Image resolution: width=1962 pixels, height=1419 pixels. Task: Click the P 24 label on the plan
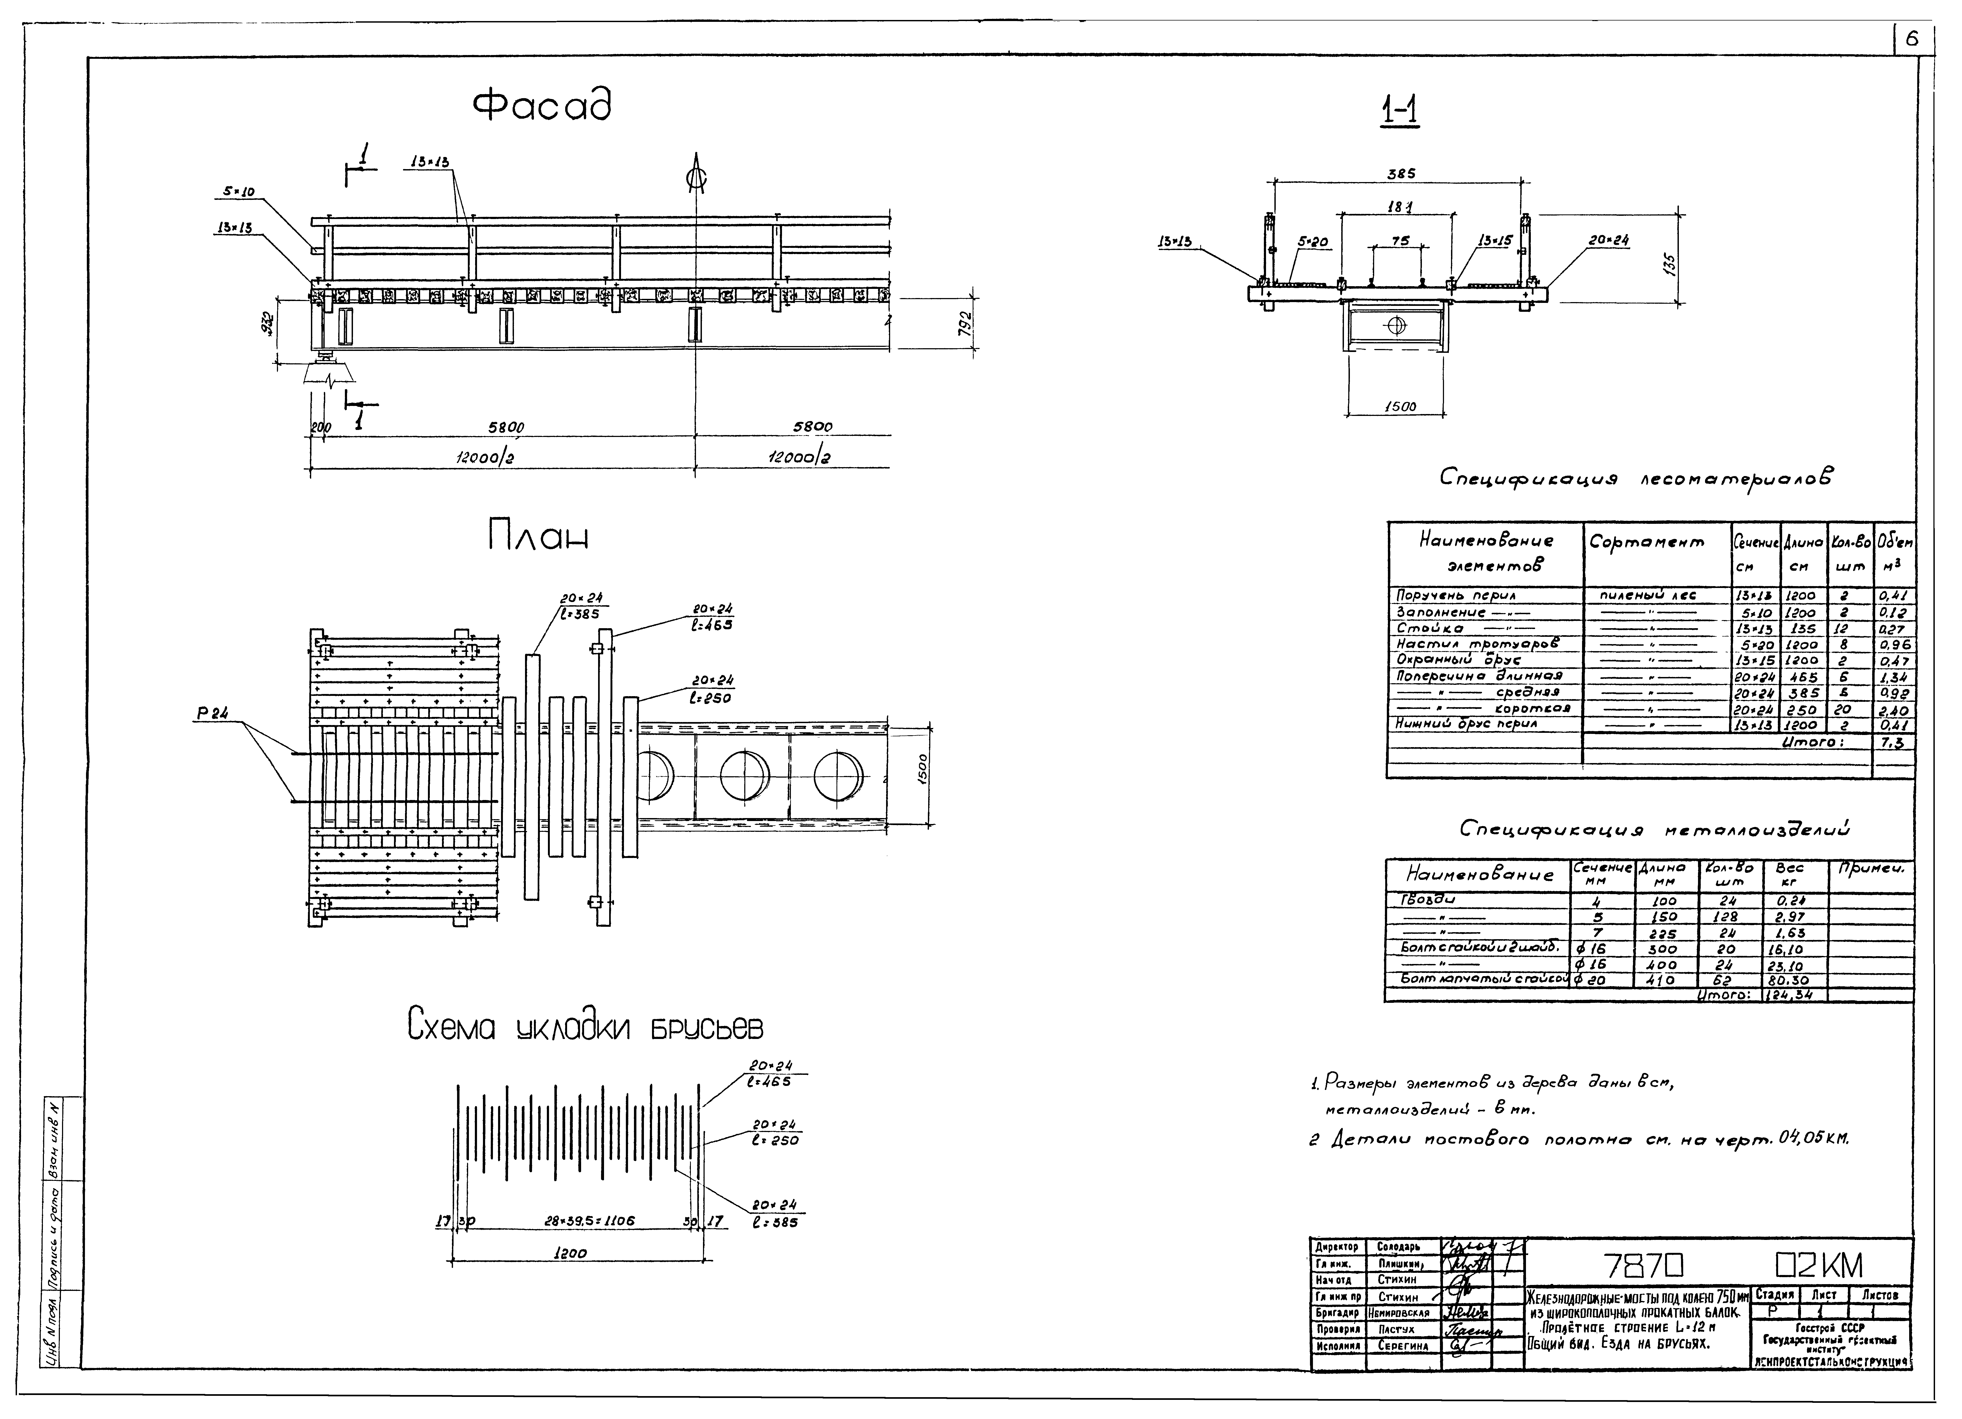(x=212, y=714)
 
